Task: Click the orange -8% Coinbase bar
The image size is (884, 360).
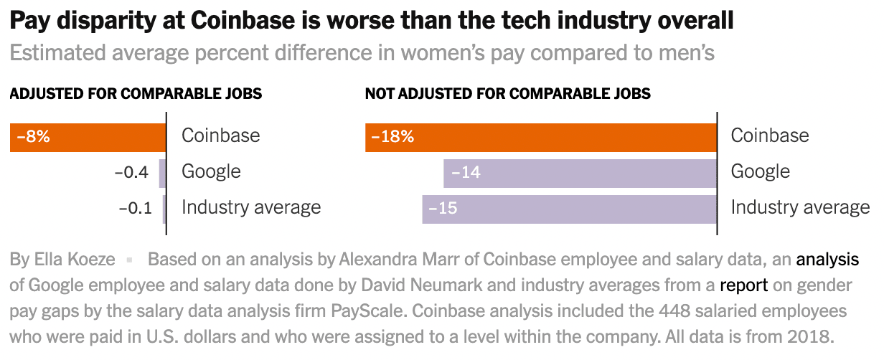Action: pyautogui.click(x=88, y=138)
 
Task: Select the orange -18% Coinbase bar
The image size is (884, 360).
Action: pyautogui.click(x=541, y=138)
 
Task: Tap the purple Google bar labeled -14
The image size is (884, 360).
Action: pyautogui.click(x=580, y=174)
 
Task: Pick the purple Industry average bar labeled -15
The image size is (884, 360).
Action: pyautogui.click(x=570, y=209)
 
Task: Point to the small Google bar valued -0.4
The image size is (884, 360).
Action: pyautogui.click(x=162, y=174)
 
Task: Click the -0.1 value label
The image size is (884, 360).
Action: pyautogui.click(x=136, y=208)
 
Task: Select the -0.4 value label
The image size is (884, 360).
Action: pyautogui.click(x=131, y=172)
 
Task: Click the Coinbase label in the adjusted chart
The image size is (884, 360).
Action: pyautogui.click(x=220, y=136)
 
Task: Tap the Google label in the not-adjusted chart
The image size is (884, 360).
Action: pyautogui.click(x=760, y=171)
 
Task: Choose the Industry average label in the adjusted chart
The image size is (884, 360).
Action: pyautogui.click(x=251, y=207)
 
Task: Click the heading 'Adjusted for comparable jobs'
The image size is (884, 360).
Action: pyautogui.click(x=136, y=94)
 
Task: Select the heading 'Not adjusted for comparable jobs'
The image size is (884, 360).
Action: pyautogui.click(x=507, y=94)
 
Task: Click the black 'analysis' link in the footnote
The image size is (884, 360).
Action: pyautogui.click(x=827, y=260)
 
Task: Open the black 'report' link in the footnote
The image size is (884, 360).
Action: pyautogui.click(x=743, y=285)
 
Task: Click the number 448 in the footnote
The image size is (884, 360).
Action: pyautogui.click(x=674, y=311)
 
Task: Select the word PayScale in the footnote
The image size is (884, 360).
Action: pyautogui.click(x=367, y=311)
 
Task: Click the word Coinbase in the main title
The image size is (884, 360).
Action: pyautogui.click(x=243, y=21)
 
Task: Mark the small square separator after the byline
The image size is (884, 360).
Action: pyautogui.click(x=129, y=260)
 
